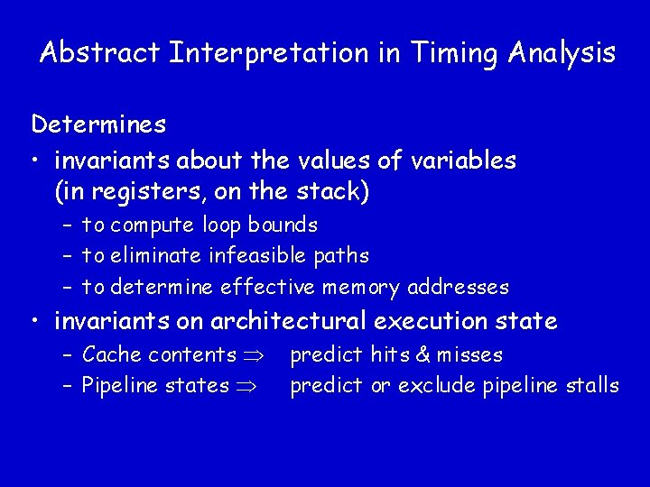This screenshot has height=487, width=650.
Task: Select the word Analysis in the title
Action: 562,52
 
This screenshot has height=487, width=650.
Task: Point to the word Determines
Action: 98,123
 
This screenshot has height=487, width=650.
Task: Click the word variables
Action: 463,161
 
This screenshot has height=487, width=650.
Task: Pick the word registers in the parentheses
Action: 139,192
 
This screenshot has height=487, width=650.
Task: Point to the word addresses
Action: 458,288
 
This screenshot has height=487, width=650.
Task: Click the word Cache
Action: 111,354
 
